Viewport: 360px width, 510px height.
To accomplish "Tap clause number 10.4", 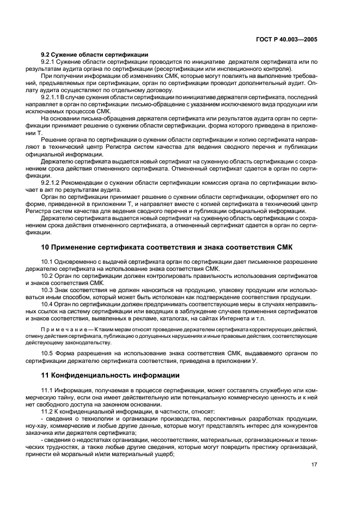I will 48,303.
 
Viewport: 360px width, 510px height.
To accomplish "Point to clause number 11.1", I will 48,392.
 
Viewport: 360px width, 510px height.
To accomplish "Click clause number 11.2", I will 48,412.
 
